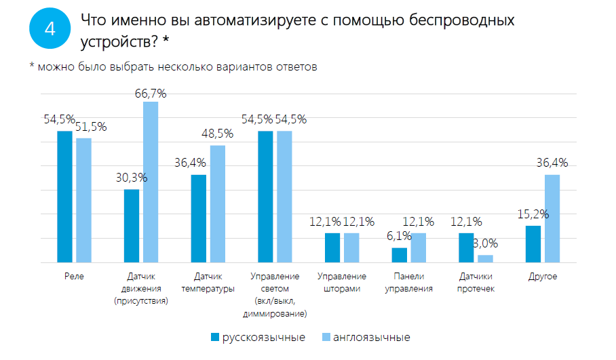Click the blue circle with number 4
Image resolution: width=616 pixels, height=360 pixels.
[x=49, y=30]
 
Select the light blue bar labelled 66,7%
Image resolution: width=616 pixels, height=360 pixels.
[x=151, y=182]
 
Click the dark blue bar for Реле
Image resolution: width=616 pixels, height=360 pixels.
[x=64, y=197]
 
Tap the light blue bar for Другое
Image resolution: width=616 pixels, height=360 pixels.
[x=552, y=218]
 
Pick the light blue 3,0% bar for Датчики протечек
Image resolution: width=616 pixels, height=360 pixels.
[x=485, y=258]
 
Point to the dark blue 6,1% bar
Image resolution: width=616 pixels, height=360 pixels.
[x=400, y=255]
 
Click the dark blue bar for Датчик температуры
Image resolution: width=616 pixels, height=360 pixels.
[x=199, y=218]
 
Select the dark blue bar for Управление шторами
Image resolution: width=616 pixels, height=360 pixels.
[x=332, y=247]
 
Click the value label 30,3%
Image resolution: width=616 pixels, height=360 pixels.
[x=130, y=178]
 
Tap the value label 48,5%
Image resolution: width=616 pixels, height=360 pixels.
[x=218, y=134]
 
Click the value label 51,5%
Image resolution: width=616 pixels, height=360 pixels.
[x=91, y=127]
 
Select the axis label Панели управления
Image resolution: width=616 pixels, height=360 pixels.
[x=408, y=282]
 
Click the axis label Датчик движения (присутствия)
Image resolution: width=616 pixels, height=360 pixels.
[x=140, y=288]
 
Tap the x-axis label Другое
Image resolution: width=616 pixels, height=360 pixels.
[x=543, y=277]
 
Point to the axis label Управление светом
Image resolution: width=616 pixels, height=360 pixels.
[x=275, y=282]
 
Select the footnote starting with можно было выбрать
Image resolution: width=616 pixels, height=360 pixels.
[x=177, y=66]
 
